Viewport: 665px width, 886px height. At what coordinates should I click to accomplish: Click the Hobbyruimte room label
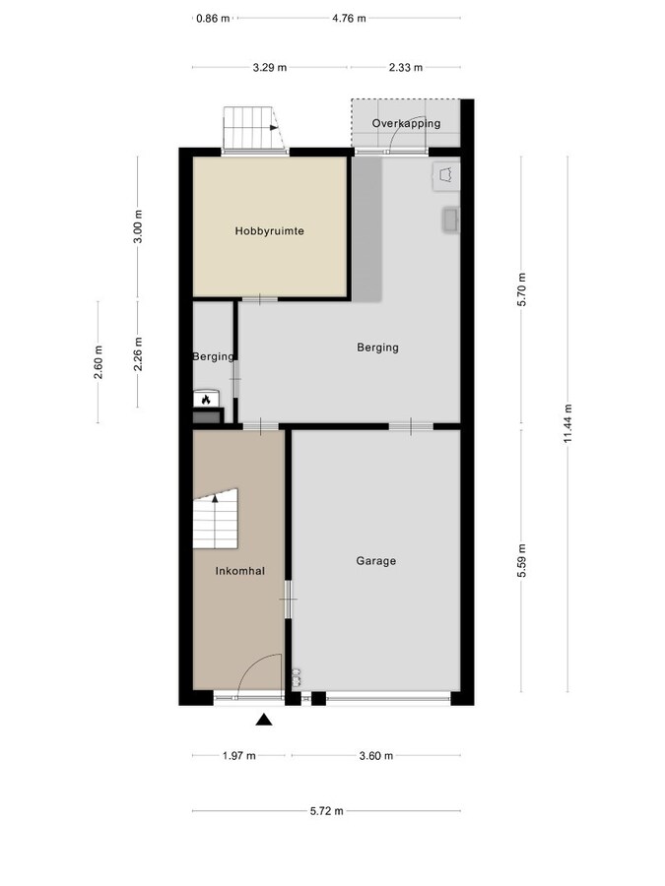269,231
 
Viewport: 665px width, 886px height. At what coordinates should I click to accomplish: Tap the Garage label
376,561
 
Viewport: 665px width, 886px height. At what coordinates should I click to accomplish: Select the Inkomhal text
239,571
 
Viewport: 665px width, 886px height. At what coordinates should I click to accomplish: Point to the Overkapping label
406,124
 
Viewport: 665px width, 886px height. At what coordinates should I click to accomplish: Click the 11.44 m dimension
568,423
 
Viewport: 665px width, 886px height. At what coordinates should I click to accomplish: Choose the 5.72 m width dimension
326,811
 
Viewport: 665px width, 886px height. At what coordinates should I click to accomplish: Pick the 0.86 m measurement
213,19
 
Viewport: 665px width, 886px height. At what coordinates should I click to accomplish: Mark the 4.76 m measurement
349,19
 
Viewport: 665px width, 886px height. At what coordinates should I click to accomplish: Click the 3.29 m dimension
270,68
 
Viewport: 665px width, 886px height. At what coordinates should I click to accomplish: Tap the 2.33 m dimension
406,68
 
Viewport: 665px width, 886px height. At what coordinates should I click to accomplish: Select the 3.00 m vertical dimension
138,226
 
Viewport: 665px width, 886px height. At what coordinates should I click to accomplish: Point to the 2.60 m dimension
99,362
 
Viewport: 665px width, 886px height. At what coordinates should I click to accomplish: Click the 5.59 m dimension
521,560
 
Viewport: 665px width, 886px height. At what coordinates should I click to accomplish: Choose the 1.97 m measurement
238,756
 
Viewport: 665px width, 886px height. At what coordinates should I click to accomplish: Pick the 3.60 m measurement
376,756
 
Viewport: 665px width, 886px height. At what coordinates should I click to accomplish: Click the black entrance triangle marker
264,720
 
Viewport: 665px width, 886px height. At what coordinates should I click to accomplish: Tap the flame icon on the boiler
206,400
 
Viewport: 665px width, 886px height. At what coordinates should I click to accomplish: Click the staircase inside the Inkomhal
216,520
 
